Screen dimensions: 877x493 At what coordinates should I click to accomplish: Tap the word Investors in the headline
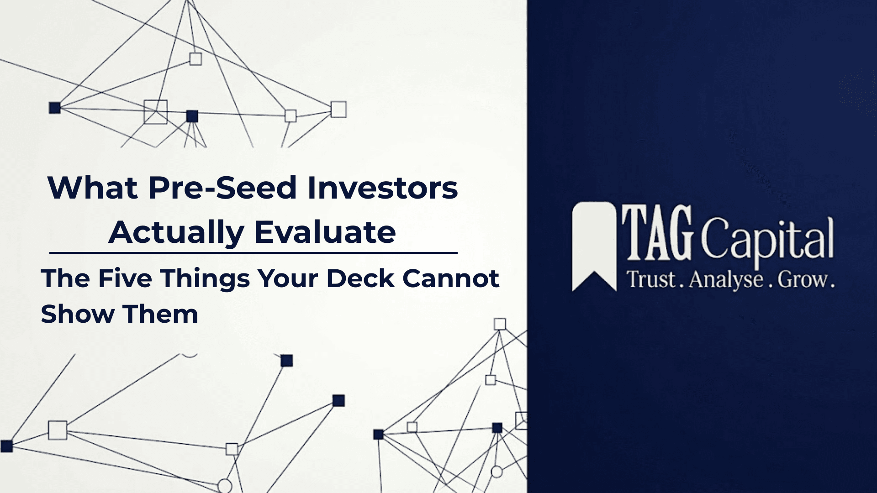click(x=382, y=188)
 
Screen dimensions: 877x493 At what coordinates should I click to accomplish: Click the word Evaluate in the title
click(x=325, y=232)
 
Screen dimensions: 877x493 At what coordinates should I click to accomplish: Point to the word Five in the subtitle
click(x=125, y=278)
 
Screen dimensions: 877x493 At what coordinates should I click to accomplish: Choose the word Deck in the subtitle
click(x=360, y=278)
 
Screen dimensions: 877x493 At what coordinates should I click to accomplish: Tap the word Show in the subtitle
click(x=77, y=314)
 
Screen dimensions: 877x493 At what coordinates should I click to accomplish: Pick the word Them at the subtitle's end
click(x=160, y=314)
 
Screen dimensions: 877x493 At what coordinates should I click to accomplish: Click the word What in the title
click(x=93, y=188)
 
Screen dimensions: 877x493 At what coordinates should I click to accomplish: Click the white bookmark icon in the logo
click(x=594, y=246)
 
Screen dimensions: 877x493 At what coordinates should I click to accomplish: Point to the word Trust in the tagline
click(x=651, y=279)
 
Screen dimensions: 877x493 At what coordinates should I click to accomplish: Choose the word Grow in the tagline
click(x=802, y=279)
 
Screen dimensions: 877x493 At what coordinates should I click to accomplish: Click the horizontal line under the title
click(x=254, y=252)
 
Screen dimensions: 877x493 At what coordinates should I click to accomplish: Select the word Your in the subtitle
click(x=288, y=278)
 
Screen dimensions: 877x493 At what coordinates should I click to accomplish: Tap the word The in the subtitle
click(x=65, y=278)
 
